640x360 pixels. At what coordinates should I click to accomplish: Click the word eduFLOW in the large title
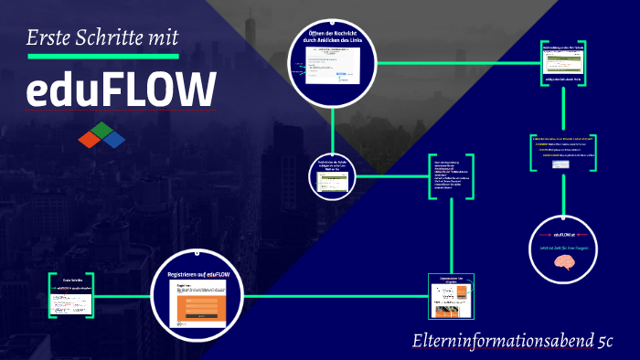point(122,91)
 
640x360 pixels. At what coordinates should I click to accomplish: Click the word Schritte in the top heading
point(107,37)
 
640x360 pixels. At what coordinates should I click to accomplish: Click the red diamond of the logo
point(90,139)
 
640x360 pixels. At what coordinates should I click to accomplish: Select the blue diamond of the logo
point(113,140)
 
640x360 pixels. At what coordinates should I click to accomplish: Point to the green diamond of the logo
point(101,128)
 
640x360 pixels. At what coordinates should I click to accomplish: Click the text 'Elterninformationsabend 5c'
point(512,342)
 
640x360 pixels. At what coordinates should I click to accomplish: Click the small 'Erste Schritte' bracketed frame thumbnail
point(73,294)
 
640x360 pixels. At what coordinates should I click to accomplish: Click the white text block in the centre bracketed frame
point(452,170)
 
